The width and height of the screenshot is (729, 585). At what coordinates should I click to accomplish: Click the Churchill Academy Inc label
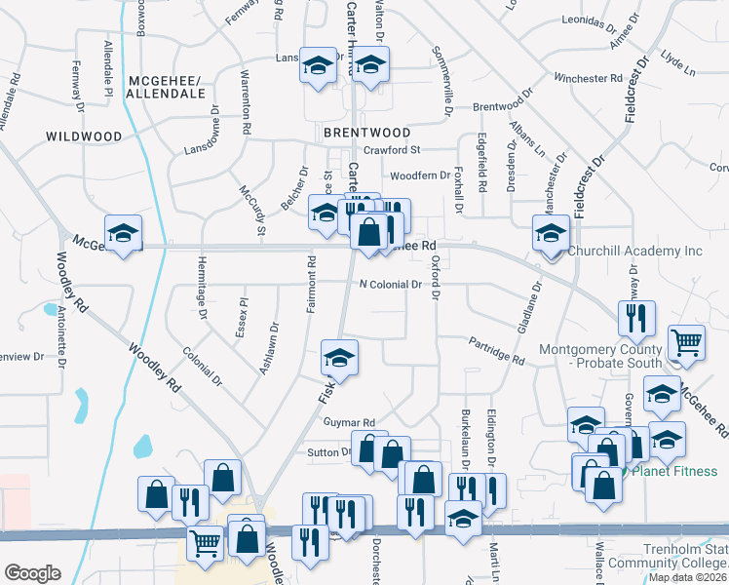[634, 252]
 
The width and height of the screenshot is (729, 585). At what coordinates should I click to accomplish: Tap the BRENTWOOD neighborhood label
[367, 132]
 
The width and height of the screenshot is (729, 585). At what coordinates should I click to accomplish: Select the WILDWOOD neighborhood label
[83, 137]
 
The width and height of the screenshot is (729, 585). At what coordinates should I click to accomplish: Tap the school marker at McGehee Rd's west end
[124, 234]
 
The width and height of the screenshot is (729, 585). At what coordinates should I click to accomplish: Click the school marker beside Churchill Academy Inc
[551, 235]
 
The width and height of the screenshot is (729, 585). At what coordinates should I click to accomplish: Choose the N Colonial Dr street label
[389, 285]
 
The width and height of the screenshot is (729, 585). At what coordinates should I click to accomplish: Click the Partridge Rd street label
[496, 352]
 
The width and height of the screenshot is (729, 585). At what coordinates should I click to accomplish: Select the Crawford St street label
[391, 150]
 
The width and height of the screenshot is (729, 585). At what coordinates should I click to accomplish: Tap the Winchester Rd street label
[588, 78]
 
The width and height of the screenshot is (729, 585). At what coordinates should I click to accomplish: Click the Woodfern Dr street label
[419, 176]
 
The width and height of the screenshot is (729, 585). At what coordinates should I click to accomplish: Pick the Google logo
[32, 573]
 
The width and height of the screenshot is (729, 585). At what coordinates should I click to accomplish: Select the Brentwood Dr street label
[506, 106]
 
